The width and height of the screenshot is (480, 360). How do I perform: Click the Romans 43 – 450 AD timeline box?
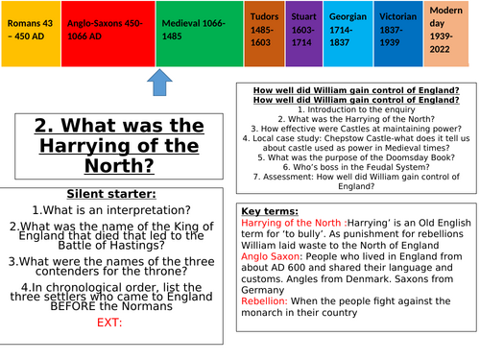point(29,34)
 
